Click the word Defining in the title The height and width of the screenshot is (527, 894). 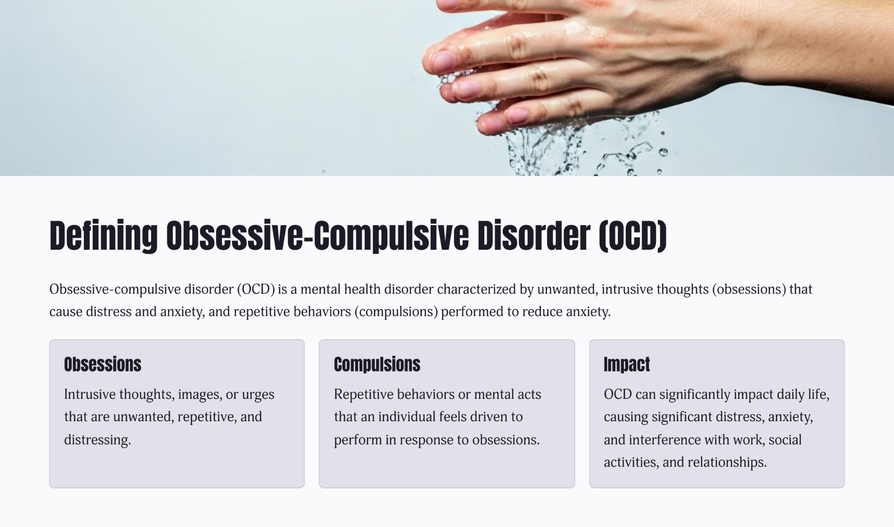coord(104,236)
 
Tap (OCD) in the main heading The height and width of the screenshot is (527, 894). coord(633,236)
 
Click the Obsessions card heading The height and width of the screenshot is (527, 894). coord(102,364)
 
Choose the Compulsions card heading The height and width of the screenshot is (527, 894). coord(377,364)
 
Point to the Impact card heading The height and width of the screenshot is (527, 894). coord(627,364)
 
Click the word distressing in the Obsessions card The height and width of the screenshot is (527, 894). coord(97,440)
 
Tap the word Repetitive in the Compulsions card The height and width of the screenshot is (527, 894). coord(364,394)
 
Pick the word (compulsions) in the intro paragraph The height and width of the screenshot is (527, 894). coord(396,312)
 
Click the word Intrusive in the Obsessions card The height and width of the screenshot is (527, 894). coord(90,394)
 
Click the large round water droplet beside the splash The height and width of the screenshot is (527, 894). coord(664,152)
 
